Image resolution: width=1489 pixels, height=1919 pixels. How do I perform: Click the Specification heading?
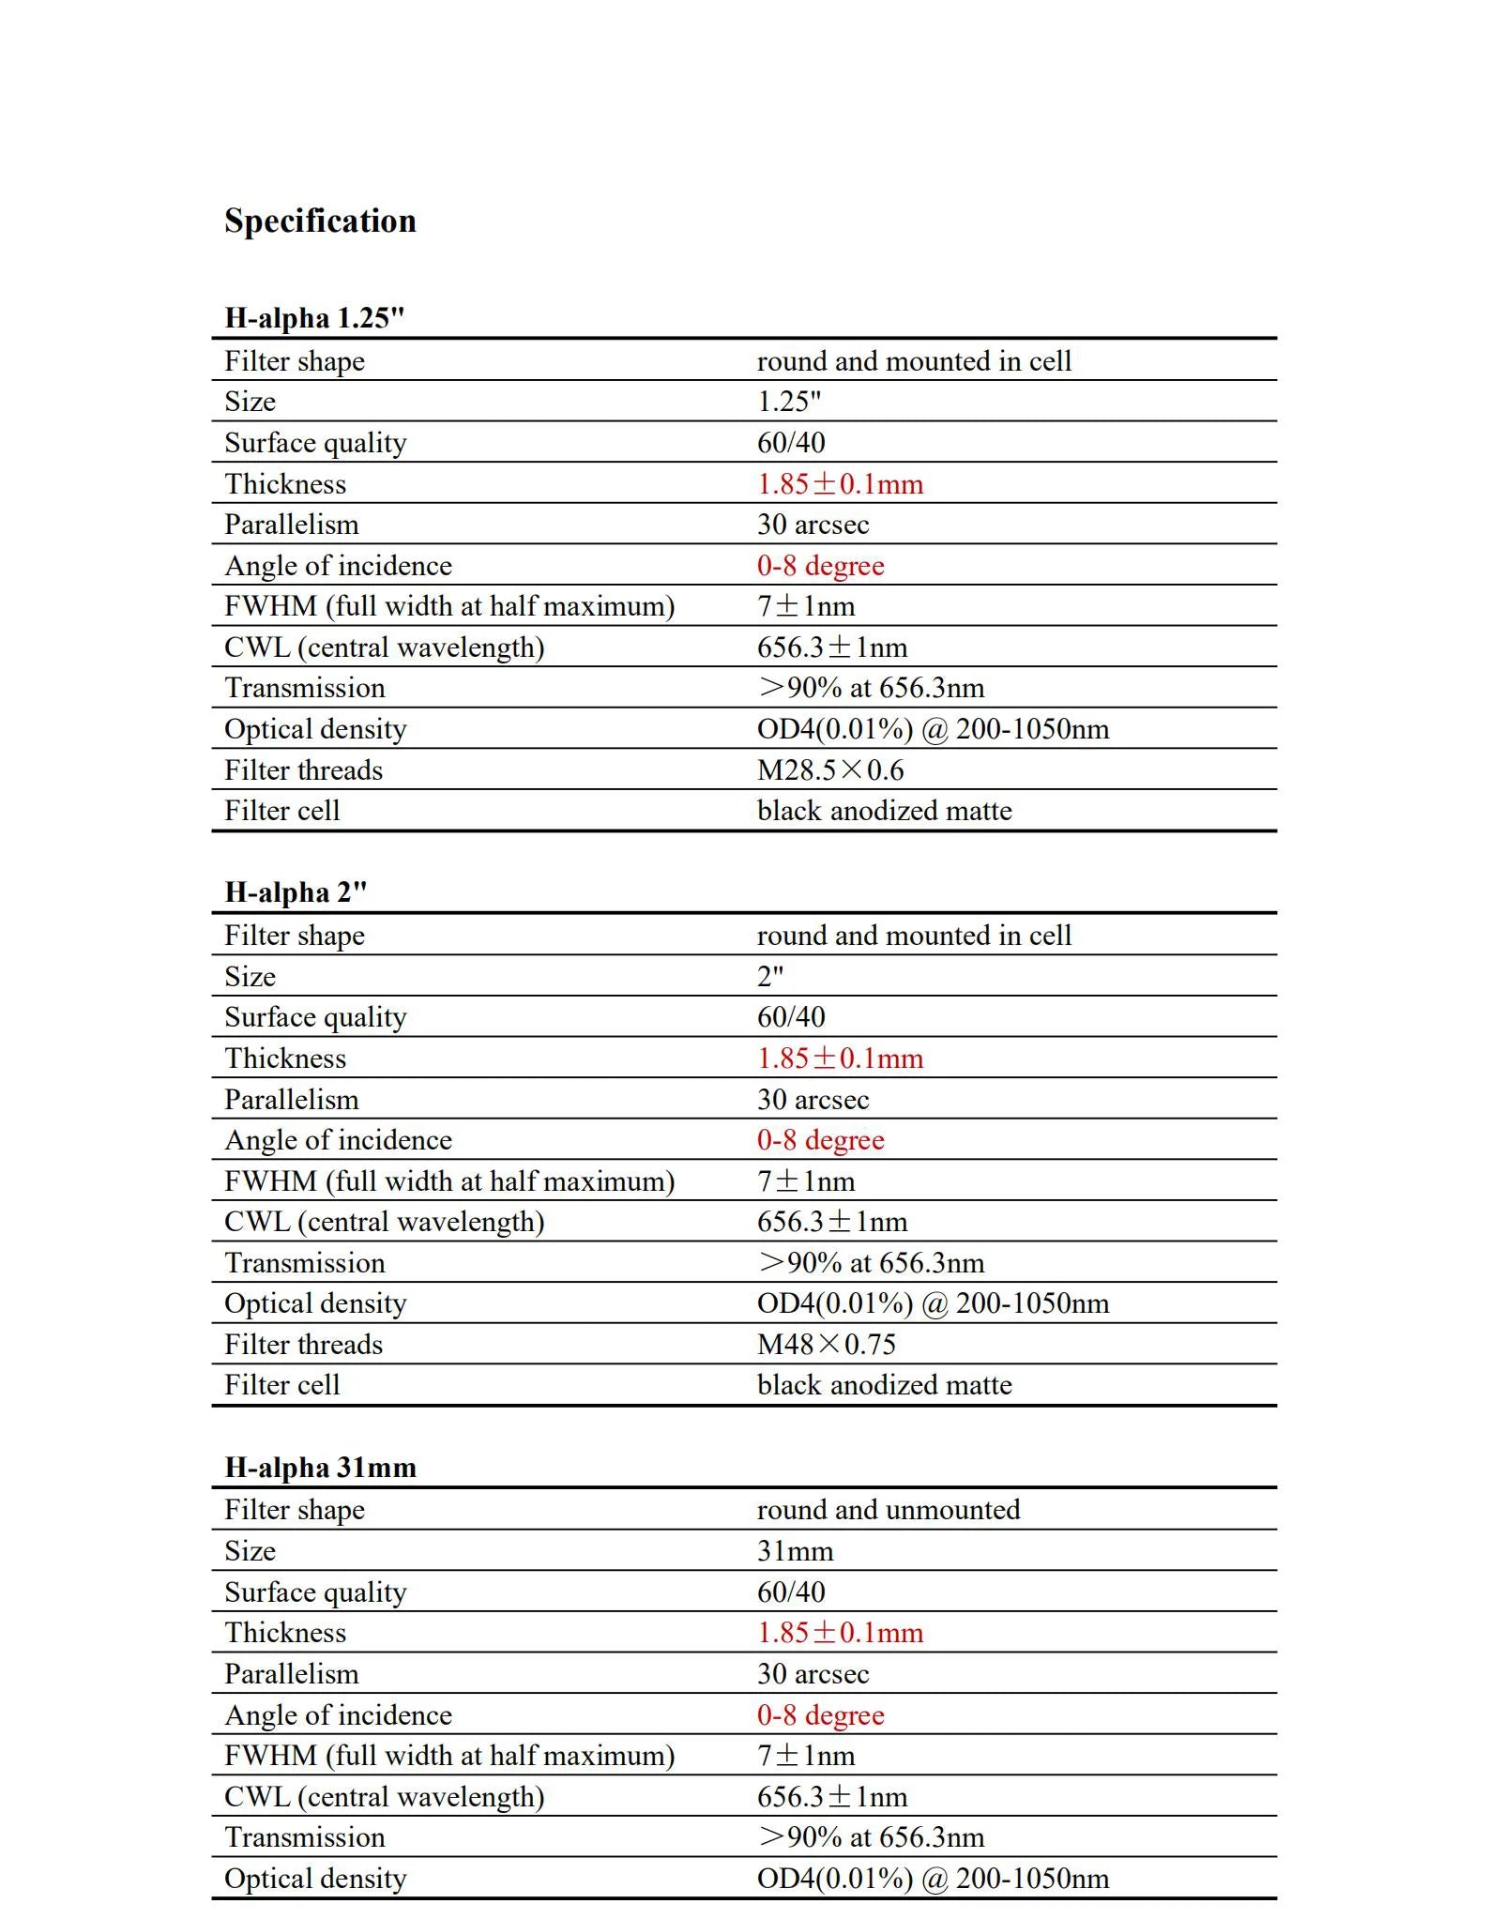pos(320,221)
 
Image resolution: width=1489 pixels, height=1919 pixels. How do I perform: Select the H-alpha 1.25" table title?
pos(314,318)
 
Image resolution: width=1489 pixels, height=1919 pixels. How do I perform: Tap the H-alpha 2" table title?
pos(296,892)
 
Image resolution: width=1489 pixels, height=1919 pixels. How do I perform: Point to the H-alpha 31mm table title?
pos(320,1467)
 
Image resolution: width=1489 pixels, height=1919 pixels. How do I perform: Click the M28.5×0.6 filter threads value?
pos(830,770)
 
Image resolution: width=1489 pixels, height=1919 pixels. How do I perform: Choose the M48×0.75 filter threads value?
pos(826,1345)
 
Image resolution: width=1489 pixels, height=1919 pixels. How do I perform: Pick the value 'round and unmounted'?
pos(888,1510)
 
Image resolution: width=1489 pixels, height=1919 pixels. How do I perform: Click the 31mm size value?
pos(795,1551)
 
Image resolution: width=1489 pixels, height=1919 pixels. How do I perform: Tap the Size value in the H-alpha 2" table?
pos(769,977)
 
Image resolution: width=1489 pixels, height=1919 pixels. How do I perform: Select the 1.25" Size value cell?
pos(788,402)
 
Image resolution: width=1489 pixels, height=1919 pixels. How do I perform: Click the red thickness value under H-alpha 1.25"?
pos(840,484)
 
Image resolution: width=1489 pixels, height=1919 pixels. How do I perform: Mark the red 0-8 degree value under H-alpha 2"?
pos(820,1140)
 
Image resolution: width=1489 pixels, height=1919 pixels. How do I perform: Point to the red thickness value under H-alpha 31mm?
pos(840,1633)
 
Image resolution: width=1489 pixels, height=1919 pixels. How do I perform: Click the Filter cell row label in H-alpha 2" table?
pos(281,1385)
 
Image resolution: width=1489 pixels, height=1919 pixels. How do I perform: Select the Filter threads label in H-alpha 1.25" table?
pos(303,770)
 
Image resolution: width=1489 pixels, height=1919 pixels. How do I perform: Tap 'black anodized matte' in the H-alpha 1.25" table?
pos(884,811)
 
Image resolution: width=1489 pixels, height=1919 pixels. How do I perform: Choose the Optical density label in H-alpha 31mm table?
pos(315,1878)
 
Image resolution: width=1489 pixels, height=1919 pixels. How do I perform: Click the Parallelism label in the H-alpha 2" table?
pos(291,1100)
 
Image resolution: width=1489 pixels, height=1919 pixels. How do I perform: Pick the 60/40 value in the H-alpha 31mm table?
pos(791,1592)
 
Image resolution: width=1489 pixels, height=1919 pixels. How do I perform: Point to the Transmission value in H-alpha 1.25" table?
pos(871,688)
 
